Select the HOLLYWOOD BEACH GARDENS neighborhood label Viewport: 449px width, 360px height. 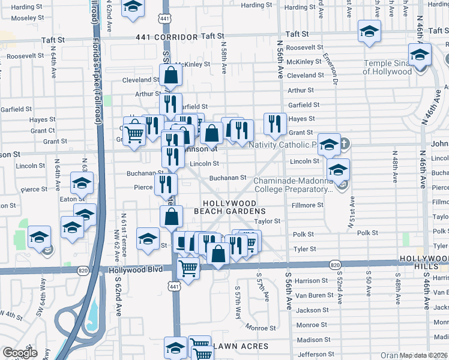coord(229,208)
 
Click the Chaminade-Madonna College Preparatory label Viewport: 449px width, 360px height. coord(293,184)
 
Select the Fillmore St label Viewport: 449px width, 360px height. coord(307,205)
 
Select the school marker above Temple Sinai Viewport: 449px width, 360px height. coord(420,55)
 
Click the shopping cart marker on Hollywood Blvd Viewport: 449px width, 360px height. coord(188,269)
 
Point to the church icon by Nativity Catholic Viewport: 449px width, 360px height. coord(344,144)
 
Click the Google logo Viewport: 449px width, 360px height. coord(20,353)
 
